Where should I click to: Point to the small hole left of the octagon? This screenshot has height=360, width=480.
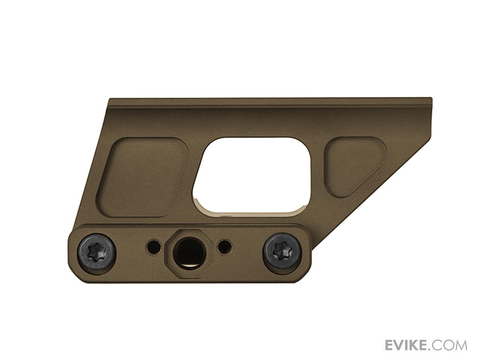[x=154, y=245]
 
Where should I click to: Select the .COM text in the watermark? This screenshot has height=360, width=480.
[x=450, y=345]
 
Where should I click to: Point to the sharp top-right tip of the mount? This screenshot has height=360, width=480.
[x=430, y=99]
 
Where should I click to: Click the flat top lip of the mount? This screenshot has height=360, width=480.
[x=268, y=102]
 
